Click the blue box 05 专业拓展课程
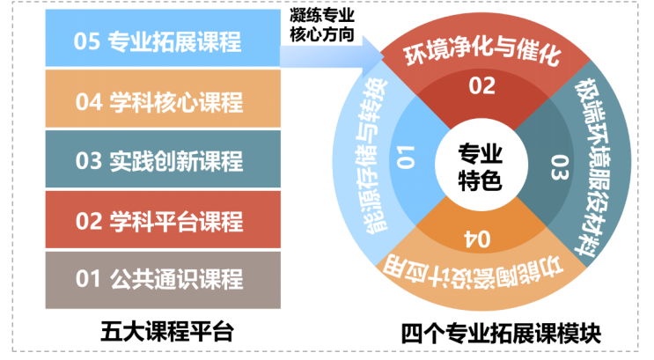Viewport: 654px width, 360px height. click(163, 40)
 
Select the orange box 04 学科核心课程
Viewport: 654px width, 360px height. click(163, 102)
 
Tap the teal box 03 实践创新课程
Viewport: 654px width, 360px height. click(163, 161)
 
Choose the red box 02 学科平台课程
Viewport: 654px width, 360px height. click(163, 221)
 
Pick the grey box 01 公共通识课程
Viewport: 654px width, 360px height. click(163, 281)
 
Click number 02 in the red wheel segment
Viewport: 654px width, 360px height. click(481, 86)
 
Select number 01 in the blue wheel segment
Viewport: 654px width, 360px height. click(406, 158)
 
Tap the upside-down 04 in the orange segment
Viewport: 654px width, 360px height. click(476, 238)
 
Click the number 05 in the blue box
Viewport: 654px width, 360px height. click(87, 40)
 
